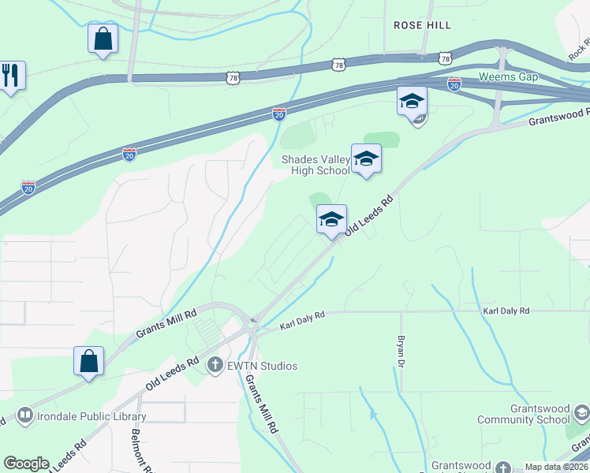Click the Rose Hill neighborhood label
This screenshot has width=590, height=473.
(x=422, y=25)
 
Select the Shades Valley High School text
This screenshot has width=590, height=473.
(x=316, y=166)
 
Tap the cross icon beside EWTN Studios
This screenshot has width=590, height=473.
(x=215, y=365)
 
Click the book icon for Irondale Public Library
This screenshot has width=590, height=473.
(x=24, y=415)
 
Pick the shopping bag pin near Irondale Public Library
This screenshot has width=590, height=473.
(x=89, y=362)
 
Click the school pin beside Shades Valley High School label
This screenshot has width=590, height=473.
(x=366, y=159)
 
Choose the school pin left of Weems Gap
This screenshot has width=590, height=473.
(x=412, y=102)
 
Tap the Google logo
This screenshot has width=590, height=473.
(x=26, y=464)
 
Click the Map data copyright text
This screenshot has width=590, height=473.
(x=555, y=467)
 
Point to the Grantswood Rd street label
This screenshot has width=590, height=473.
(x=558, y=117)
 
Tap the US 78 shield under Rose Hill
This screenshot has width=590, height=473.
(x=445, y=58)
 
